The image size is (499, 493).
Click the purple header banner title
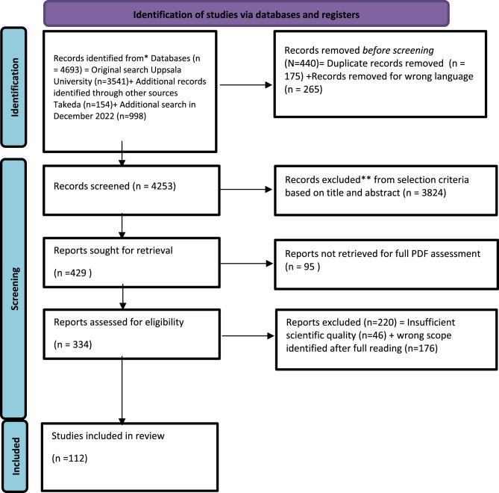pyautogui.click(x=246, y=15)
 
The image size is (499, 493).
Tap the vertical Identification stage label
pyautogui.click(x=15, y=87)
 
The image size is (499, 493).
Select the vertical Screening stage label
pyautogui.click(x=15, y=289)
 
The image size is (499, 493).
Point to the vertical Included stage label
pyautogui.click(x=16, y=456)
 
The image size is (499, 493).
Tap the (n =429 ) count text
pyautogui.click(x=72, y=273)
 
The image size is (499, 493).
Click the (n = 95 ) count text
pyautogui.click(x=302, y=267)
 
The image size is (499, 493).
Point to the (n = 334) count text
pyautogui.click(x=72, y=344)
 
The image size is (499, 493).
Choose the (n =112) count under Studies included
pyautogui.click(x=69, y=458)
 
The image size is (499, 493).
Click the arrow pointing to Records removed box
pyautogui.click(x=246, y=85)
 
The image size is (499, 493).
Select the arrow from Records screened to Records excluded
pyautogui.click(x=246, y=190)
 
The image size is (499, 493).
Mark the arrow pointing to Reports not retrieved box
pyautogui.click(x=247, y=264)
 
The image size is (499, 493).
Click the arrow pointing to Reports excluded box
pyautogui.click(x=248, y=335)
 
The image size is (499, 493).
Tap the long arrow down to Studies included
pyautogui.click(x=122, y=390)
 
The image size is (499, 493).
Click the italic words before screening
pyautogui.click(x=398, y=50)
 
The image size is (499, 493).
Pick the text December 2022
pyautogui.click(x=84, y=116)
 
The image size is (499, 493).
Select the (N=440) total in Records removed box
pyautogui.click(x=301, y=63)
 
